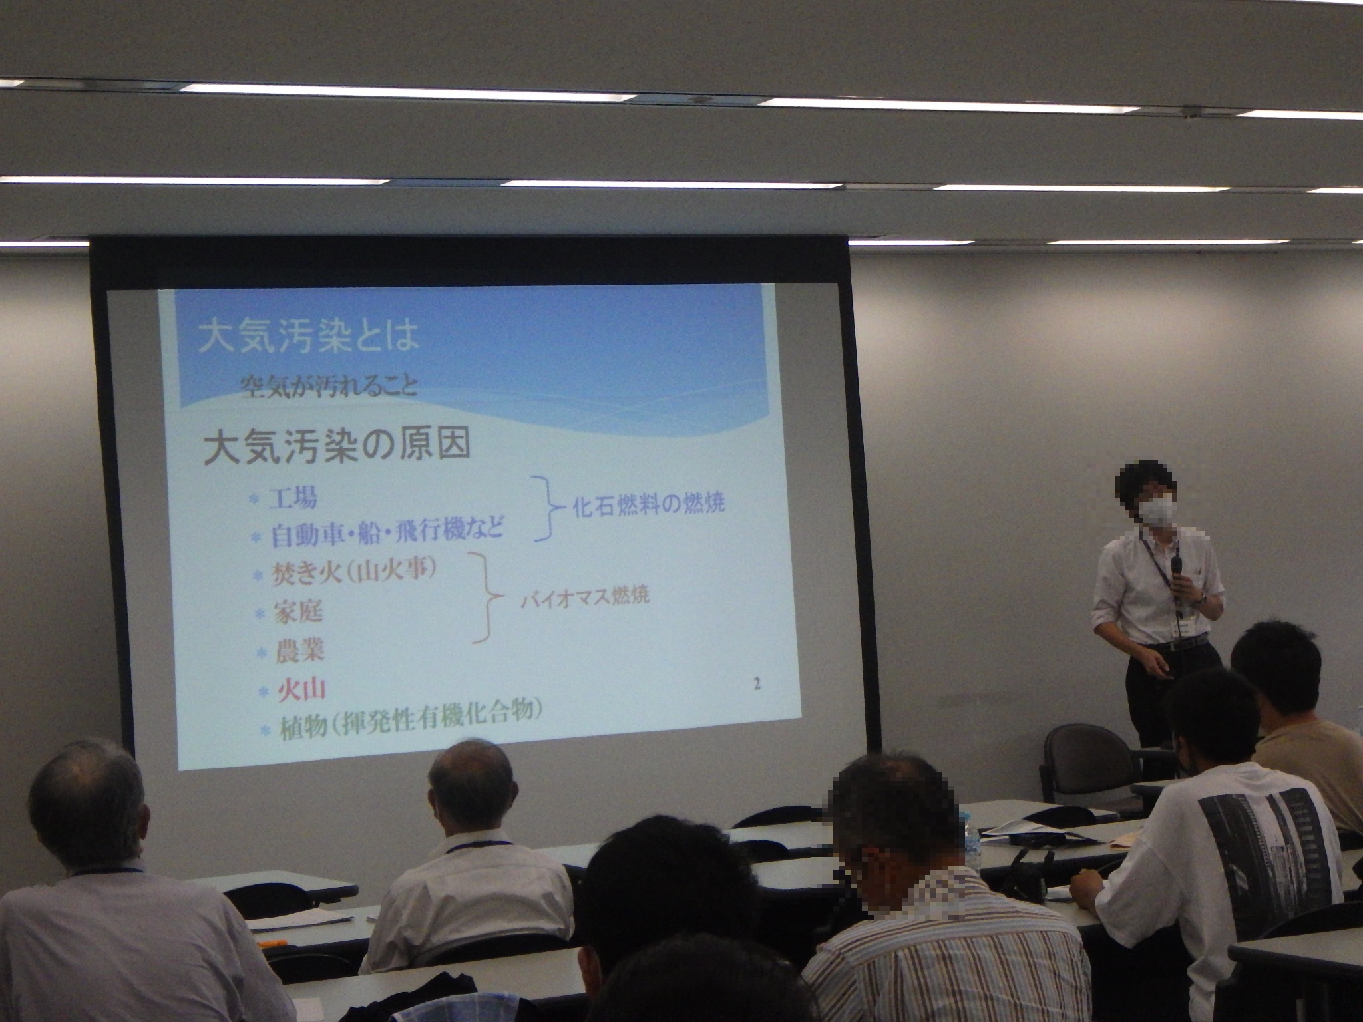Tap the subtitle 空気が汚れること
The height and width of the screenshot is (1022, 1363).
[x=329, y=385]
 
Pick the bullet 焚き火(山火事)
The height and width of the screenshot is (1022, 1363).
[x=354, y=572]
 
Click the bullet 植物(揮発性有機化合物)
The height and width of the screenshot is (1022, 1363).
[x=405, y=719]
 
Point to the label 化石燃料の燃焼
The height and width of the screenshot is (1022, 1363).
[x=649, y=503]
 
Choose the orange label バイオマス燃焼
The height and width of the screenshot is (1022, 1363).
[x=584, y=596]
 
